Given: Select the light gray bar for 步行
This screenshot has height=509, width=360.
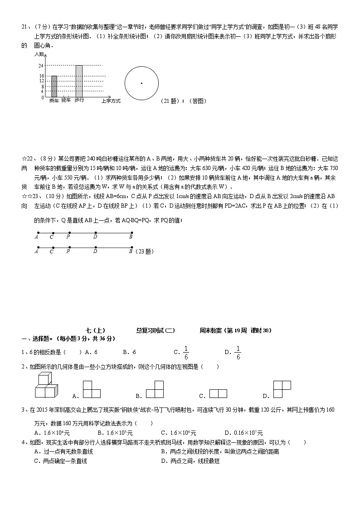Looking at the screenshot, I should coord(79,81).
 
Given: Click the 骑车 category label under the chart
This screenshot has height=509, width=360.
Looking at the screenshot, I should coord(66,100).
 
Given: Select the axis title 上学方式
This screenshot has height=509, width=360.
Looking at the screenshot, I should coord(111,101).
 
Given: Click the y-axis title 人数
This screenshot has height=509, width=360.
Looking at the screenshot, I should coord(39,54).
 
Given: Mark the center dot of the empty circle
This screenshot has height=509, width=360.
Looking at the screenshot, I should coord(141,83).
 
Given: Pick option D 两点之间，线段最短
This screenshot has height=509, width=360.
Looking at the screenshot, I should coord(190,461).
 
